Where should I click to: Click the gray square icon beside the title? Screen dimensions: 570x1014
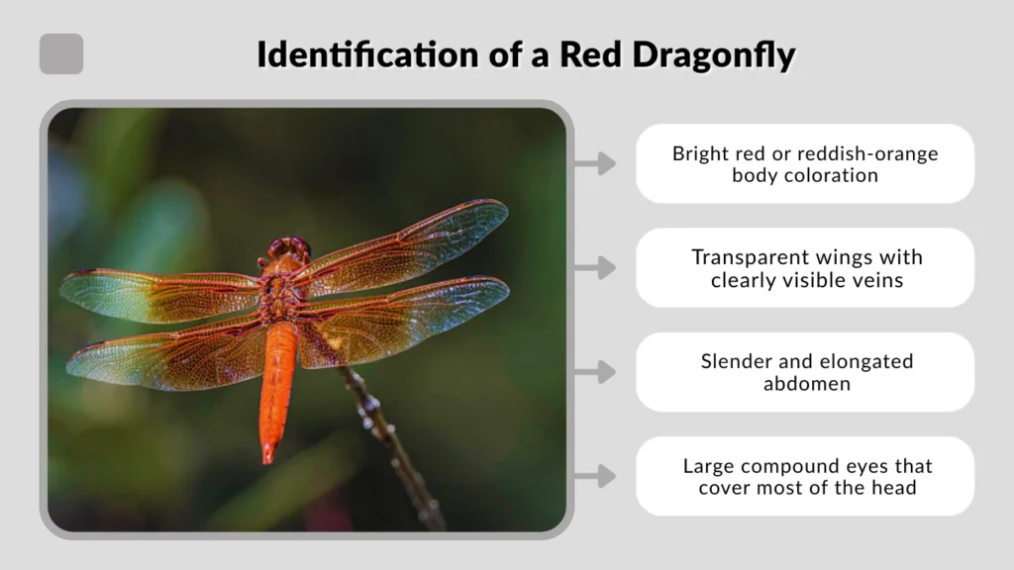(x=61, y=54)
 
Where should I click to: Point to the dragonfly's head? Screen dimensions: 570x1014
(x=288, y=247)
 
